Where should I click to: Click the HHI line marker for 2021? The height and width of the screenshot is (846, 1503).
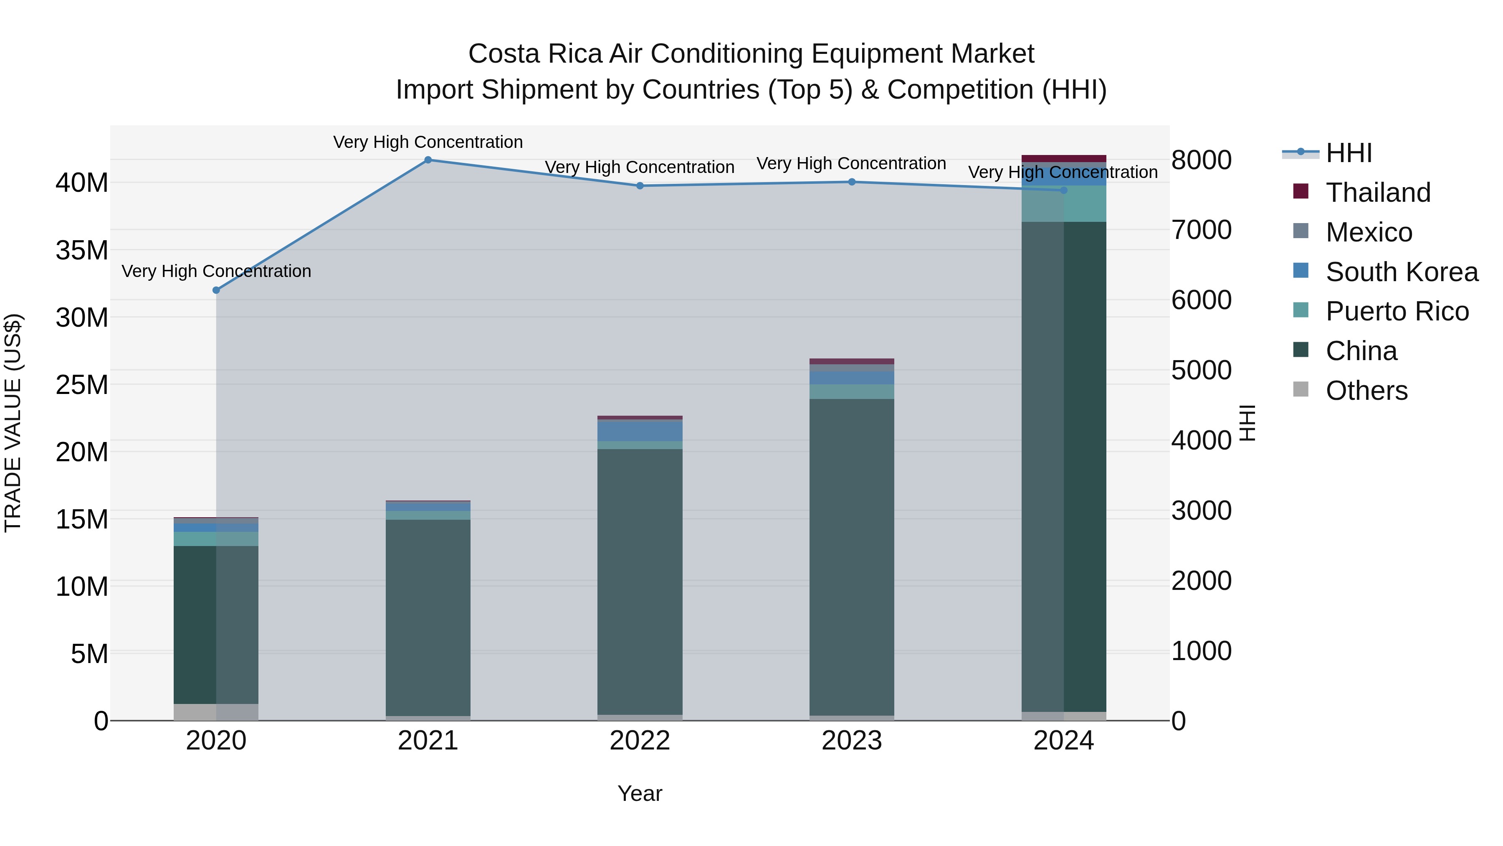click(x=428, y=160)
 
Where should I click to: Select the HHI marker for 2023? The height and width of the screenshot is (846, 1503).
click(x=851, y=182)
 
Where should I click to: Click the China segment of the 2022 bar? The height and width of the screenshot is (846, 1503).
click(x=640, y=581)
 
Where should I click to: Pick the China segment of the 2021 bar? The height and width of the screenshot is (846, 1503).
click(x=428, y=617)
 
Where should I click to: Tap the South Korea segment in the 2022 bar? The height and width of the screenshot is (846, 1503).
click(x=640, y=430)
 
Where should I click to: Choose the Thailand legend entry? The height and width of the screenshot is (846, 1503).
click(x=1378, y=192)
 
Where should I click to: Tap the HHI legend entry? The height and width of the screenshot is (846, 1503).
click(x=1349, y=153)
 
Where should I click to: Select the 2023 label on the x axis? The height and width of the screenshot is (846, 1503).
click(x=851, y=741)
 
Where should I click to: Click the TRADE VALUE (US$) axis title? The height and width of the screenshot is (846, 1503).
click(x=13, y=423)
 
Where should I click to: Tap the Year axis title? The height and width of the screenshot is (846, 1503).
click(x=640, y=793)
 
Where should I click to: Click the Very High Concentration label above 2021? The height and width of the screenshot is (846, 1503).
click(x=428, y=142)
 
